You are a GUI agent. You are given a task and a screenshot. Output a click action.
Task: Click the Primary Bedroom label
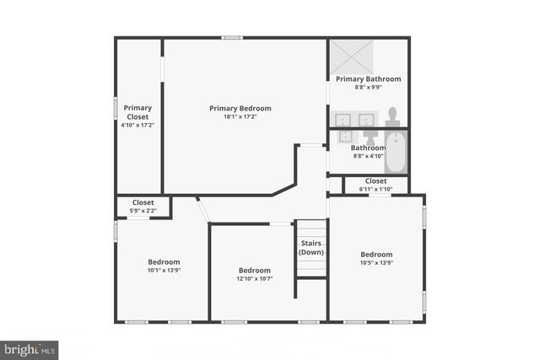pyautogui.click(x=240, y=108)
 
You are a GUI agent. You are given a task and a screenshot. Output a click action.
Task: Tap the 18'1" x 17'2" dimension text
pyautogui.click(x=240, y=117)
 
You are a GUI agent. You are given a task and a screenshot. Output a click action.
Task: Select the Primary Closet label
pyautogui.click(x=138, y=111)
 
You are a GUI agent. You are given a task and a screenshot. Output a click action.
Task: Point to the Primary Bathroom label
pyautogui.click(x=368, y=78)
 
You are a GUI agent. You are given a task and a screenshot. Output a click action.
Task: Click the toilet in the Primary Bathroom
pyautogui.click(x=392, y=117)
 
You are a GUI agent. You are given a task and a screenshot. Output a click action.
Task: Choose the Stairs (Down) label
pyautogui.click(x=311, y=248)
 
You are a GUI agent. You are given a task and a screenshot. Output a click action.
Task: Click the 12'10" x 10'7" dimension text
pyautogui.click(x=254, y=279)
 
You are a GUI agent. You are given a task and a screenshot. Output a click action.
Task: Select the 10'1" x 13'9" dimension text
pyautogui.click(x=164, y=270)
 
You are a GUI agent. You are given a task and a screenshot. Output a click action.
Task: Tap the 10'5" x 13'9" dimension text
pyautogui.click(x=376, y=263)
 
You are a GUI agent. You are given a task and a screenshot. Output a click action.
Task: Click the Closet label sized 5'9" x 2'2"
pyautogui.click(x=143, y=202)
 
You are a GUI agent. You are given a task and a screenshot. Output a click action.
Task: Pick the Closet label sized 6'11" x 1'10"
pyautogui.click(x=376, y=180)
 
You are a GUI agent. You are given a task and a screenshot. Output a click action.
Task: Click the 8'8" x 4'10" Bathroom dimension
pyautogui.click(x=368, y=156)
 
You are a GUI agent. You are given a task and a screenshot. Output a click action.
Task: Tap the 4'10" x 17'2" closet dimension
pyautogui.click(x=138, y=125)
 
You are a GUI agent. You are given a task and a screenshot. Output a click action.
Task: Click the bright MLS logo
pyautogui.click(x=30, y=348)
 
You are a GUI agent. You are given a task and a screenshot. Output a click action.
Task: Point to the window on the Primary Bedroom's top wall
pyautogui.click(x=233, y=37)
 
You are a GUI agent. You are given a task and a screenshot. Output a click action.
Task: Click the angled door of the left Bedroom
pyautogui.click(x=202, y=209)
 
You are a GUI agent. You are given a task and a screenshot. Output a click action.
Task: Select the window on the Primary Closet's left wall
pyautogui.click(x=116, y=110)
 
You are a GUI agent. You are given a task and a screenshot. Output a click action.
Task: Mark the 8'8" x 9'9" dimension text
pyautogui.click(x=368, y=87)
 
